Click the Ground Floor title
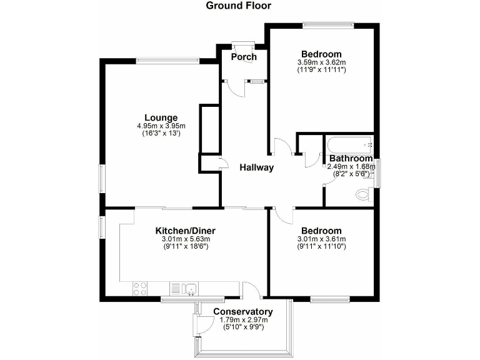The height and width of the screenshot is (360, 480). click(239, 6)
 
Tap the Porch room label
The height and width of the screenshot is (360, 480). click(244, 57)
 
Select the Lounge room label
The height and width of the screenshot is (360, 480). click(161, 117)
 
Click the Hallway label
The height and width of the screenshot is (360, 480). click(256, 167)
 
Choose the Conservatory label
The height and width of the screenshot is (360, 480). click(243, 312)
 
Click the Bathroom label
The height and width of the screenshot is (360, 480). click(351, 159)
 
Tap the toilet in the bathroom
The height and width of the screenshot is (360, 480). click(362, 195)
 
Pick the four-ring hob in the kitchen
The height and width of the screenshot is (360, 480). click(140, 289)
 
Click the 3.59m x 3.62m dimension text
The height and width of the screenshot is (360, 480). click(321, 62)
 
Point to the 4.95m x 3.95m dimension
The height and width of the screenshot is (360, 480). click(161, 126)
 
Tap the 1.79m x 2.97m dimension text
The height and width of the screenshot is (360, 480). click(243, 320)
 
